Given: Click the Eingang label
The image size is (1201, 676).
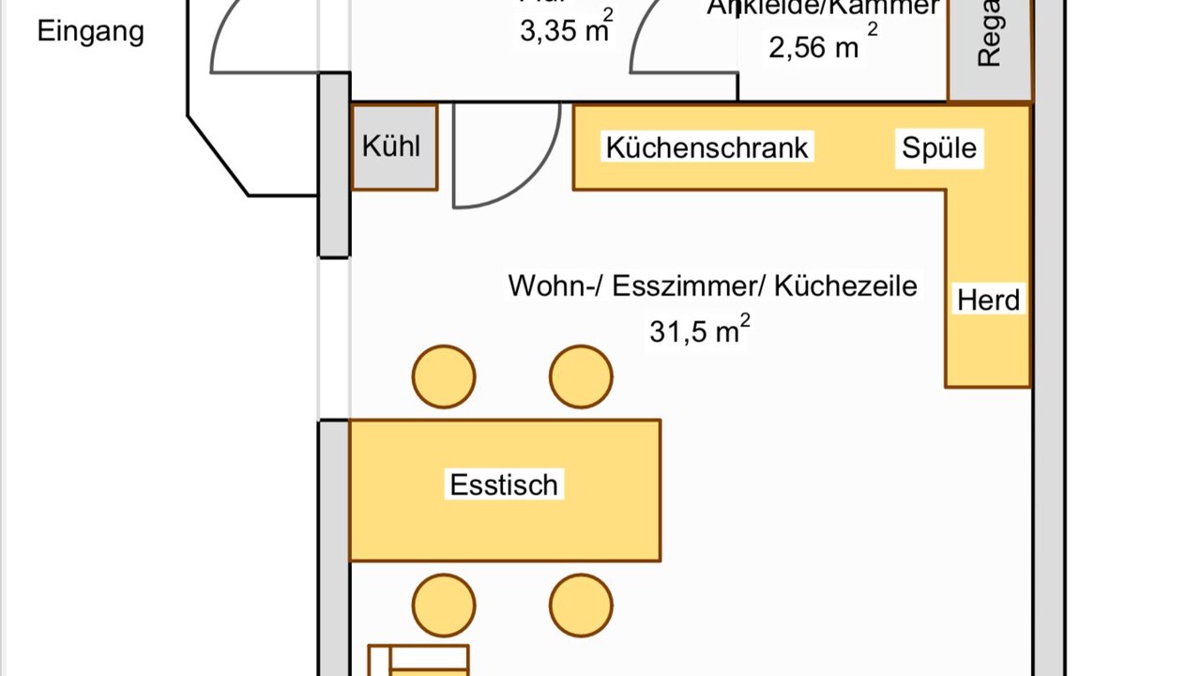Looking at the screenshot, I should click(90, 31).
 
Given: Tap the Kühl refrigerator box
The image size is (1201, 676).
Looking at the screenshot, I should click(393, 147).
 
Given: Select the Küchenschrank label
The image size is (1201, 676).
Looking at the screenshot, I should click(707, 147).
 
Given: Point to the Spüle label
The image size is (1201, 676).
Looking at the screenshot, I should click(939, 147).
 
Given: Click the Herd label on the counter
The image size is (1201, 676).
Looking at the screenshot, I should click(988, 300).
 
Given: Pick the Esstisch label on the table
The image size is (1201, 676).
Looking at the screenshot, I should click(504, 485).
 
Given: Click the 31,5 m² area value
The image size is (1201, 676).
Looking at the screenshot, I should click(699, 330).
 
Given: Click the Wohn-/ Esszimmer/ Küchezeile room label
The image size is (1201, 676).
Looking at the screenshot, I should click(712, 285).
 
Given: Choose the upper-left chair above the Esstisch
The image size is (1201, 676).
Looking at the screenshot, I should click(444, 377).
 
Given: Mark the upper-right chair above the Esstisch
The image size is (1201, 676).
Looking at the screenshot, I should click(581, 377).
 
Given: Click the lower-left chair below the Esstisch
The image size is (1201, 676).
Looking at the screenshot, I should click(444, 606).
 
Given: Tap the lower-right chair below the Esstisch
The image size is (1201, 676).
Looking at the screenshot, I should click(581, 606).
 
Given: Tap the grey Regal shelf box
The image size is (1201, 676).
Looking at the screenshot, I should click(989, 47).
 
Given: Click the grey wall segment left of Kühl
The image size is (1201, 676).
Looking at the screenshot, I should click(334, 164).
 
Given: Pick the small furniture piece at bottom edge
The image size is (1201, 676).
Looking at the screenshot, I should click(418, 661).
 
